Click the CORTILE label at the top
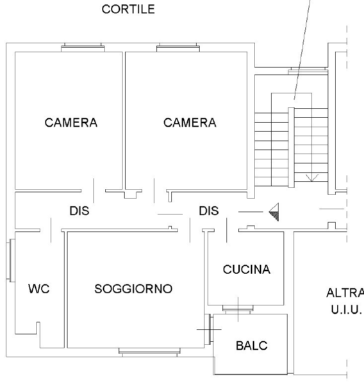(x=128, y=9)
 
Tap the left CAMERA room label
(x=71, y=123)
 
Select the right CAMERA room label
(x=190, y=123)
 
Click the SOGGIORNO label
(x=134, y=289)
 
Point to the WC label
(x=39, y=289)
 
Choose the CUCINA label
(x=247, y=270)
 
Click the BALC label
(x=252, y=346)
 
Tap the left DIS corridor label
(x=79, y=211)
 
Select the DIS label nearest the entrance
(x=209, y=211)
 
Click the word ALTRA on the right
(x=345, y=293)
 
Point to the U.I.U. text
(x=346, y=310)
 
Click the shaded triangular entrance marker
(x=274, y=212)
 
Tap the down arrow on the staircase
(x=312, y=176)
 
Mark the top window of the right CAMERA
(x=178, y=48)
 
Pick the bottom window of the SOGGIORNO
(x=149, y=352)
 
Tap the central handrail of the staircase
(x=291, y=147)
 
